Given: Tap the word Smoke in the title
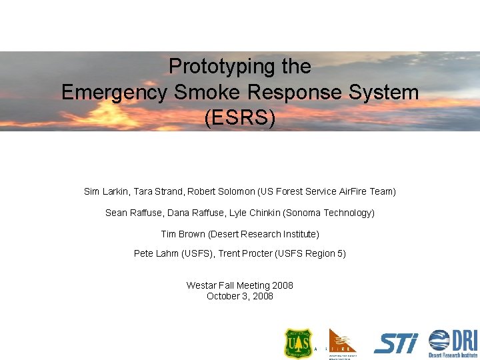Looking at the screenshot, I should [201, 92].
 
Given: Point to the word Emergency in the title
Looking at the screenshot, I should [113, 92].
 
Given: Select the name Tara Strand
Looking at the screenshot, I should [159, 191].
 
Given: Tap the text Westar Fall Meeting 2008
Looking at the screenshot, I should [240, 285].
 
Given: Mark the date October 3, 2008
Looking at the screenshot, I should [240, 296].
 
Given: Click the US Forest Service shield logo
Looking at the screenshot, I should [297, 343].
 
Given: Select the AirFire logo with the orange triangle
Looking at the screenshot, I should [343, 343].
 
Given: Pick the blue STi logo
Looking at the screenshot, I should [396, 343].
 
